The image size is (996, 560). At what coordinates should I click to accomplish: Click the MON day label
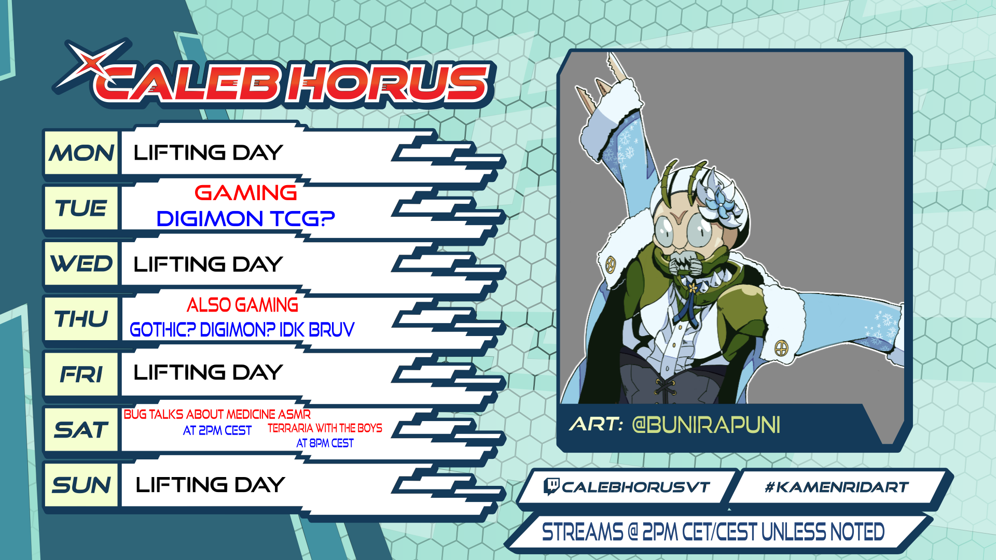pos(81,153)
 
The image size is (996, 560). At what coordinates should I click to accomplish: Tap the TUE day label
pos(81,208)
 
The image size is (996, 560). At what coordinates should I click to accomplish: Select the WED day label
pos(81,264)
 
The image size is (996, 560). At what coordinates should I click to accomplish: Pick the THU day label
pos(81,319)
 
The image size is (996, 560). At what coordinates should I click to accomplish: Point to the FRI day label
pos(81,374)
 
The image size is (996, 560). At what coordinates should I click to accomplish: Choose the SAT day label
pos(81,430)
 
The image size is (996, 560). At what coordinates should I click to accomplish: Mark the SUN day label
pos(81,485)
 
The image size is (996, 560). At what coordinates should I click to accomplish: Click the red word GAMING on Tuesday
pos(246,193)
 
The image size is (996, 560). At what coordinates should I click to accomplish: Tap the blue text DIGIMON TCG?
pos(246,219)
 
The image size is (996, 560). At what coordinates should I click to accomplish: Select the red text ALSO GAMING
pos(242,305)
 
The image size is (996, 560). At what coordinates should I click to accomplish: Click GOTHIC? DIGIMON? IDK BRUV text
pos(242,329)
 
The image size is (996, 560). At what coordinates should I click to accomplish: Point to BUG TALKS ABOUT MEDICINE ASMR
pos(217,414)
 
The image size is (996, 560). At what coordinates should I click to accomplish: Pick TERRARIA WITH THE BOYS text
pos(325,428)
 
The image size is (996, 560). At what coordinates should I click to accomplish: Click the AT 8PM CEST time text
pos(325,443)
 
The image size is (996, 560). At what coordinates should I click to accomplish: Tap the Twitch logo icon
pos(551,486)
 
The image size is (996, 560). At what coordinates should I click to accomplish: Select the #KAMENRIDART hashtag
pos(837,487)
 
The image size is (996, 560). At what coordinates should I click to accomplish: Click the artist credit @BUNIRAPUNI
pos(706,425)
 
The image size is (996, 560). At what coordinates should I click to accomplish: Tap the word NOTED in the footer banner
pos(857,532)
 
